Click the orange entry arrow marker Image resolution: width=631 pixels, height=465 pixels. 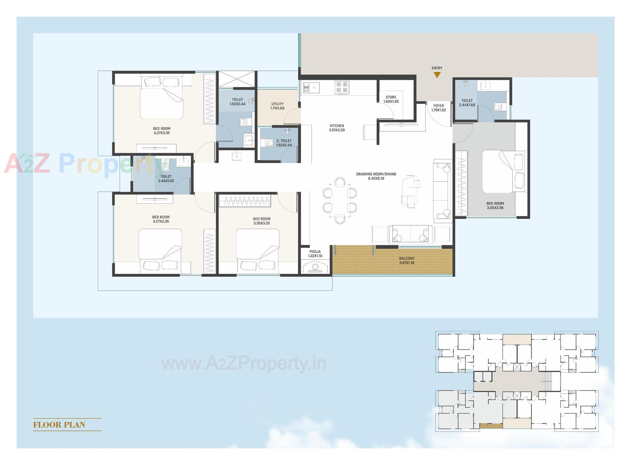pyautogui.click(x=437, y=75)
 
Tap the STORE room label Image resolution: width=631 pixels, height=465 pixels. pyautogui.click(x=391, y=99)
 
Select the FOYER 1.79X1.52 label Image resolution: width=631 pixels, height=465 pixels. pyautogui.click(x=438, y=108)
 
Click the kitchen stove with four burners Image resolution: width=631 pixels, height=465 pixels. pyautogui.click(x=341, y=87)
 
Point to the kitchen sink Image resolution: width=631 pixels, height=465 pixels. pyautogui.click(x=312, y=88)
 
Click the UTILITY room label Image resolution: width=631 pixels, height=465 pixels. pyautogui.click(x=277, y=106)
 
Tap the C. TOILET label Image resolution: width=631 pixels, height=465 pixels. pyautogui.click(x=284, y=143)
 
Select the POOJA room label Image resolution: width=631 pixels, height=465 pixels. pyautogui.click(x=315, y=254)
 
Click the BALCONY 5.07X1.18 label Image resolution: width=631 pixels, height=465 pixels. pyautogui.click(x=407, y=261)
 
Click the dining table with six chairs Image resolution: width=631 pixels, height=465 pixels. pyautogui.click(x=340, y=200)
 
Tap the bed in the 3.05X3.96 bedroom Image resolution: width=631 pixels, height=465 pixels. pyautogui.click(x=502, y=171)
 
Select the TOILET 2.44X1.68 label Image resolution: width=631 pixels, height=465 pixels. pyautogui.click(x=467, y=103)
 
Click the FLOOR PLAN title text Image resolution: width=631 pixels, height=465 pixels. pyautogui.click(x=59, y=425)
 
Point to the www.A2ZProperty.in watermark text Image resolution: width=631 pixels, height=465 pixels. pyautogui.click(x=244, y=364)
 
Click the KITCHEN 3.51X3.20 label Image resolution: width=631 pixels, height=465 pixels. pyautogui.click(x=337, y=128)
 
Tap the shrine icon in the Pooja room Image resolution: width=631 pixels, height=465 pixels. pyautogui.click(x=315, y=267)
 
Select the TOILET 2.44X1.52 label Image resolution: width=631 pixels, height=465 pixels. pyautogui.click(x=166, y=178)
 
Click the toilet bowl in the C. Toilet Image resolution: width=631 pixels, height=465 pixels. pyautogui.click(x=269, y=143)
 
